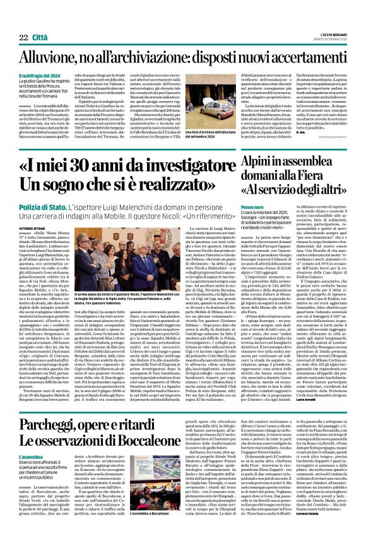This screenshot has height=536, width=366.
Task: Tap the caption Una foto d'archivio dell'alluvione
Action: click(206, 129)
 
